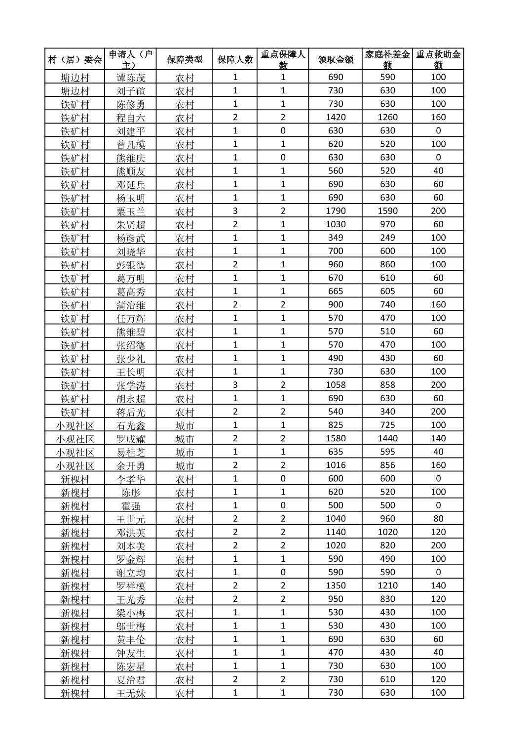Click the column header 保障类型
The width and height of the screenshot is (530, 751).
coord(185,59)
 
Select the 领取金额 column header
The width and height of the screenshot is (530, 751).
coord(336,59)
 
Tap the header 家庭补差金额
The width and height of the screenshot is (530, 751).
coord(387,59)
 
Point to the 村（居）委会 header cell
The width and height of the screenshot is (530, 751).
coord(75,59)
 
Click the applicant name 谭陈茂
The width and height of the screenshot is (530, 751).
coord(131,78)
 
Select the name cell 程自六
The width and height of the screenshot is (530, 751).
coord(131,118)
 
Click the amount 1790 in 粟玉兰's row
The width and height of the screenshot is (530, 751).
coord(336,211)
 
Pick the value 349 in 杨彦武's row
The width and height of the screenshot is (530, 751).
coord(336,238)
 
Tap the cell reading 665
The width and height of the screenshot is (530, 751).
coord(336,291)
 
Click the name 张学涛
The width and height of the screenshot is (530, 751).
coord(131,385)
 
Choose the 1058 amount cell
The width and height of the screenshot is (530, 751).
coord(336,385)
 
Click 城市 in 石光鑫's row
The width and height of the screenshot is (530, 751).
coord(185,425)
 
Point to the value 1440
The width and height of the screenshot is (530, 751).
coord(387,438)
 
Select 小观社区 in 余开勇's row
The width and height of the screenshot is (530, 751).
coord(75,465)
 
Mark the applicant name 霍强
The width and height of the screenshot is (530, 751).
coord(131,505)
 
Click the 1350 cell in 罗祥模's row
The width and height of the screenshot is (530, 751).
coord(336,585)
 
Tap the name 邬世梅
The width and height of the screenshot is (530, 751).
coord(131,626)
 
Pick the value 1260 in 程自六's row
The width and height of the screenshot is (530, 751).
coord(387,118)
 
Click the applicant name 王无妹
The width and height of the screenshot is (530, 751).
coord(131,693)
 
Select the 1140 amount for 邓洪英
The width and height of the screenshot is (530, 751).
coord(336,532)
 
